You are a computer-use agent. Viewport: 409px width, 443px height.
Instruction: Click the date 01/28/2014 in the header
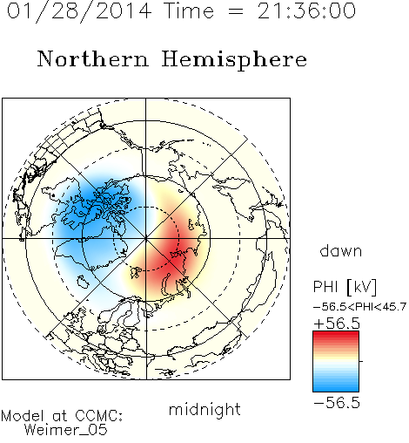tap(79, 10)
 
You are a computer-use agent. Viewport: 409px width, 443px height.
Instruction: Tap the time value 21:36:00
tap(306, 10)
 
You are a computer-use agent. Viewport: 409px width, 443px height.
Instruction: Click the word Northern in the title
tap(93, 58)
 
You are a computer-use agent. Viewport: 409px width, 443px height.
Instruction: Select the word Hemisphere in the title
tap(234, 59)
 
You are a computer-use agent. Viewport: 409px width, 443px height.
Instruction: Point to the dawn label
tap(341, 250)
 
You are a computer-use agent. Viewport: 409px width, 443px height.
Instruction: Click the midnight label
tap(204, 409)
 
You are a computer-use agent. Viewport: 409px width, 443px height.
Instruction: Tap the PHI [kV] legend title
tap(345, 287)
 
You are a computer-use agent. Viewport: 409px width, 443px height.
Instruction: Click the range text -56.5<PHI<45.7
tap(359, 307)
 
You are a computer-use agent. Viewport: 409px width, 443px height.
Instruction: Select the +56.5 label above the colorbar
tap(337, 324)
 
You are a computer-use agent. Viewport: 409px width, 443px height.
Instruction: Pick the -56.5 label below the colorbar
tap(337, 403)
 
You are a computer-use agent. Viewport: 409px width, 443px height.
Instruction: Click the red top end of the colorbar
tap(336, 333)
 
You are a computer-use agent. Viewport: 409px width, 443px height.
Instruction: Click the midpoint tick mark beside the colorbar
tap(361, 361)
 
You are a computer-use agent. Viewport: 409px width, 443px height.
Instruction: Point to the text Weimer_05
tap(66, 429)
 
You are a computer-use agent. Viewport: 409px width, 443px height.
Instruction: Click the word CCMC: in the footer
tap(98, 416)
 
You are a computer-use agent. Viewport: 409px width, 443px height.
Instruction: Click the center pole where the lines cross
tap(146, 239)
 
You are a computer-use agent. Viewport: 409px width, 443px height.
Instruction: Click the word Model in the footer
tap(23, 416)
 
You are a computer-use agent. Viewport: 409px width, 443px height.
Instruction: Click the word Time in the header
tap(189, 10)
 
